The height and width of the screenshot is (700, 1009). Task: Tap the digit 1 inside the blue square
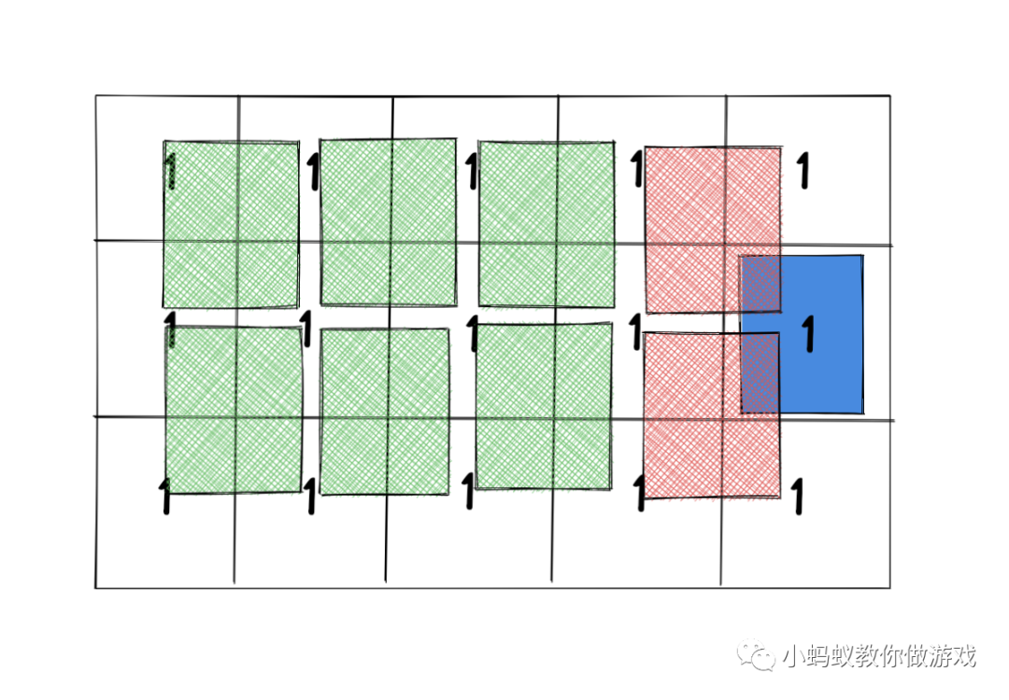click(x=809, y=334)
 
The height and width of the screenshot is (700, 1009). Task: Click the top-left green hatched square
click(x=231, y=224)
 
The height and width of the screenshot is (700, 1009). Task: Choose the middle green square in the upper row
click(x=388, y=222)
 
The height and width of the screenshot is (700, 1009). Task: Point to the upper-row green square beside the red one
click(x=547, y=223)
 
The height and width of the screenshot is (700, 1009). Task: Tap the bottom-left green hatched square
click(x=234, y=410)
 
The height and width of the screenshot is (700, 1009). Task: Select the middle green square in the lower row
click(x=385, y=411)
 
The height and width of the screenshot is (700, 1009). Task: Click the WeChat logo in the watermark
click(x=758, y=655)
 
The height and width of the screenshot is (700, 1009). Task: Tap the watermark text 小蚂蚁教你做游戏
click(x=879, y=655)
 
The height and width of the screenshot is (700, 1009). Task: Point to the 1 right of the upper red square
click(x=802, y=172)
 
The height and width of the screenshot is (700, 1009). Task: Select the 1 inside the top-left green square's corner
click(x=170, y=172)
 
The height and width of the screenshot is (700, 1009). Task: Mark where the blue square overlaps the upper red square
click(x=760, y=284)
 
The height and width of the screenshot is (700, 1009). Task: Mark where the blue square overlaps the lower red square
click(x=760, y=373)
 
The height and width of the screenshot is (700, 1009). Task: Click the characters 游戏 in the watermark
click(x=955, y=655)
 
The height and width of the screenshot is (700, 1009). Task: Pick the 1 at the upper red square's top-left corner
click(x=637, y=170)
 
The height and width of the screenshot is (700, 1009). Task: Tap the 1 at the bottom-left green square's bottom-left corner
click(x=165, y=497)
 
